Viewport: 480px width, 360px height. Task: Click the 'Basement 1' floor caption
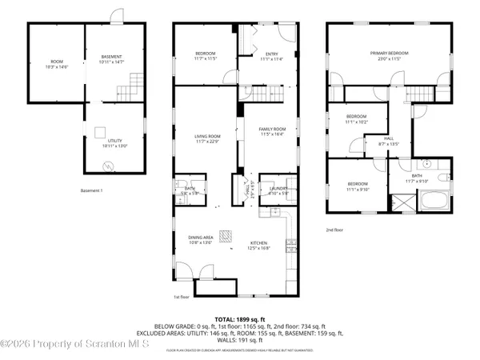92,190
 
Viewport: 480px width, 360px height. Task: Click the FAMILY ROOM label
271,130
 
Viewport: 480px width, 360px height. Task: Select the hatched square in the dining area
227,235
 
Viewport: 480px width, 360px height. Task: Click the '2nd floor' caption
334,230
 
